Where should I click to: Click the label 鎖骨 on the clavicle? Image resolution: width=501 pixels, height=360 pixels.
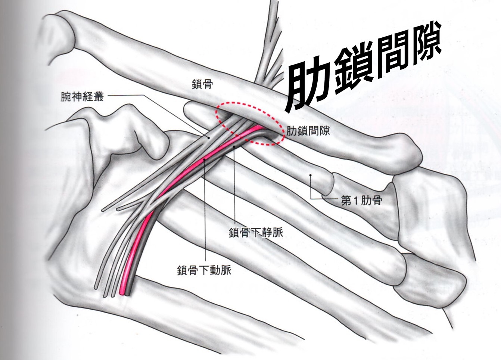202,84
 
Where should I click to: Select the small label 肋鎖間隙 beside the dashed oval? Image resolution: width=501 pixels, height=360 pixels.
308,131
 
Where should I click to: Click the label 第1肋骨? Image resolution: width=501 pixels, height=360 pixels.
361,201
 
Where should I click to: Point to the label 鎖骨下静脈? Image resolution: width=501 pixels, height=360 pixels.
256,232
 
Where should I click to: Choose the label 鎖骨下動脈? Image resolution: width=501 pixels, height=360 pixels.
204,270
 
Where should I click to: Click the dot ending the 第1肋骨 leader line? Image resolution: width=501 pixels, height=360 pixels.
311,175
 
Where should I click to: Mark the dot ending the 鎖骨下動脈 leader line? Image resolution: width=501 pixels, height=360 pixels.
205,159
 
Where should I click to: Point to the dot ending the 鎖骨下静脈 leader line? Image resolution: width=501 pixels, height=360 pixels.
234,147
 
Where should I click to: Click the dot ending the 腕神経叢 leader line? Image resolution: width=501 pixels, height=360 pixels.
208,138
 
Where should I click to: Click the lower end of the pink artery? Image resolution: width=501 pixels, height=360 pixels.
122,294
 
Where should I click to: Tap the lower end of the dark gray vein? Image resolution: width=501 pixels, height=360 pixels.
128,294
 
